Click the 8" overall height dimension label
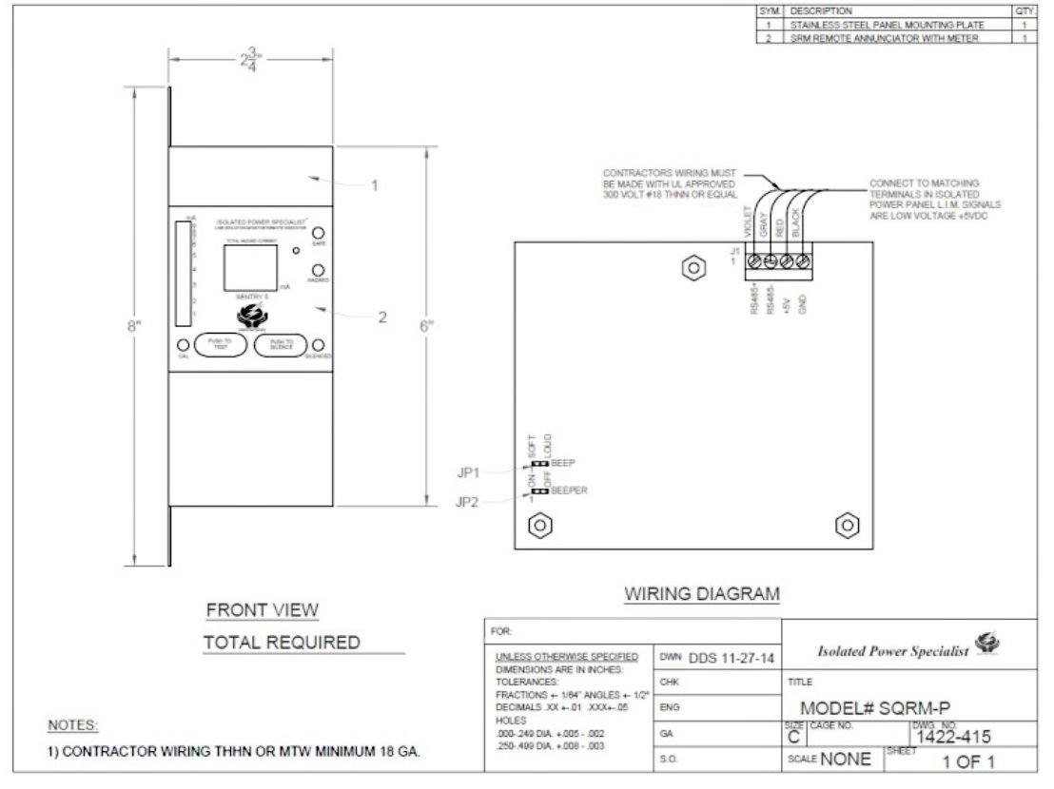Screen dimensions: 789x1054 134,327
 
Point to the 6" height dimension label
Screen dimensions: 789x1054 427,326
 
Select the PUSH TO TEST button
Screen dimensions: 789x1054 220,344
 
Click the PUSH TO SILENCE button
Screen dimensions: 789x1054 282,344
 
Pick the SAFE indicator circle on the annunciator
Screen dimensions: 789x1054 320,234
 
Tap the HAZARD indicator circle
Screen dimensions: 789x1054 320,271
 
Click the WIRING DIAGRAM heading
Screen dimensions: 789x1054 701,594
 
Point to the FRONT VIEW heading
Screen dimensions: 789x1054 263,609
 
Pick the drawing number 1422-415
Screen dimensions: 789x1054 954,735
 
